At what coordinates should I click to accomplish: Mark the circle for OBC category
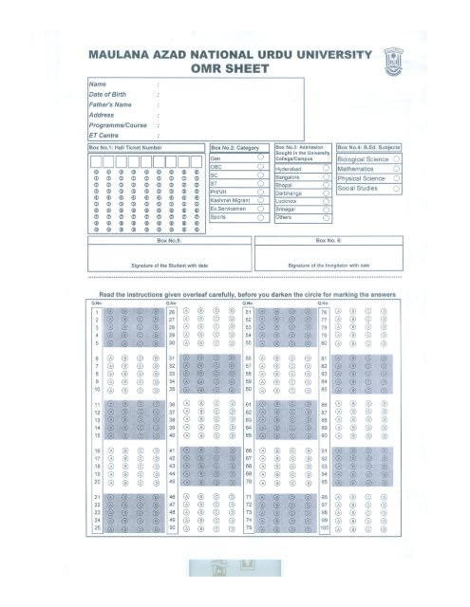click(x=259, y=167)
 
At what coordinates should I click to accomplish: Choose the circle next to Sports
click(x=259, y=218)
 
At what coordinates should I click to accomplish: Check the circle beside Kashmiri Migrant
click(x=259, y=197)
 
